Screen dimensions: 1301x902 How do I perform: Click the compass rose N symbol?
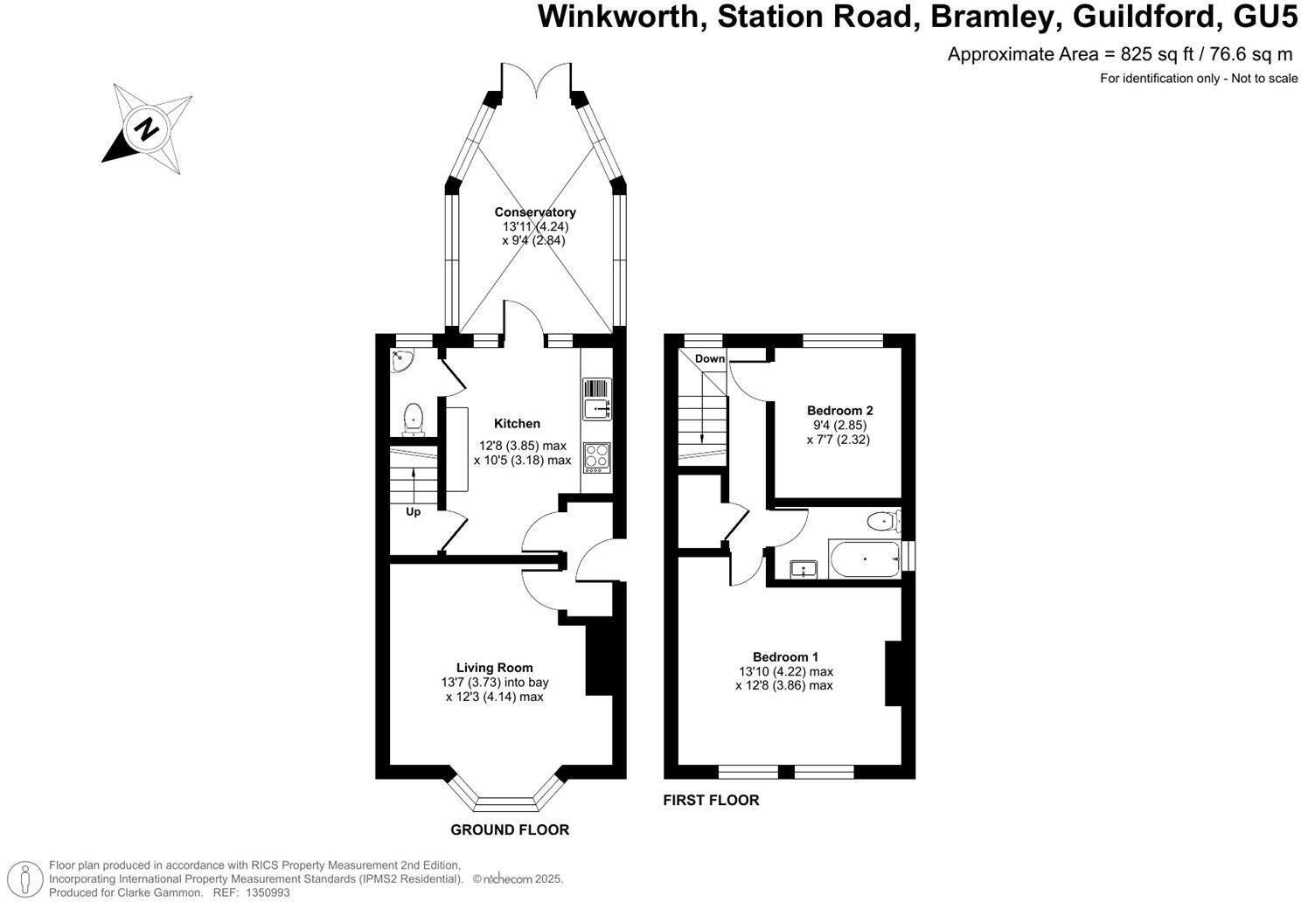(x=147, y=129)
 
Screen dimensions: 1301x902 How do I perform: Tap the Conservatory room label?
(x=535, y=212)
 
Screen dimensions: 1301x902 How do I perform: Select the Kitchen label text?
(x=517, y=424)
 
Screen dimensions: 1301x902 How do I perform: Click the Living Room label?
(x=494, y=668)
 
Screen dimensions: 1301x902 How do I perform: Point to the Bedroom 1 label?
(x=785, y=657)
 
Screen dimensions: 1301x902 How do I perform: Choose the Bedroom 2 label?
(x=839, y=411)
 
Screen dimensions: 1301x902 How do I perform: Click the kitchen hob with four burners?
(x=597, y=458)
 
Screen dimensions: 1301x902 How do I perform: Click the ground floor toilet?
(x=412, y=420)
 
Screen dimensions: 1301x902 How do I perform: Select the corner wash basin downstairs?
(x=401, y=360)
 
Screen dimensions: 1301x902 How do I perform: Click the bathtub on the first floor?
(x=864, y=559)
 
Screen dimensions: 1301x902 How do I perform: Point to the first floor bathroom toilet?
(x=884, y=523)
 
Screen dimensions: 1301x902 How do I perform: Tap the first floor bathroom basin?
(x=803, y=570)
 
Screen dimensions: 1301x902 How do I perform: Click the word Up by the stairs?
(x=413, y=512)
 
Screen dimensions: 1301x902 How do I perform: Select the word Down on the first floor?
(x=710, y=359)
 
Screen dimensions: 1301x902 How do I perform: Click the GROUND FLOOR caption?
(x=510, y=830)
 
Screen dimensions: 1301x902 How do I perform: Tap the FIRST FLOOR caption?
(x=711, y=801)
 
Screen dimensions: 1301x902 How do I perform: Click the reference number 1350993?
(x=268, y=893)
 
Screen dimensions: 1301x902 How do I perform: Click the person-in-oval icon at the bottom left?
(x=30, y=878)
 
